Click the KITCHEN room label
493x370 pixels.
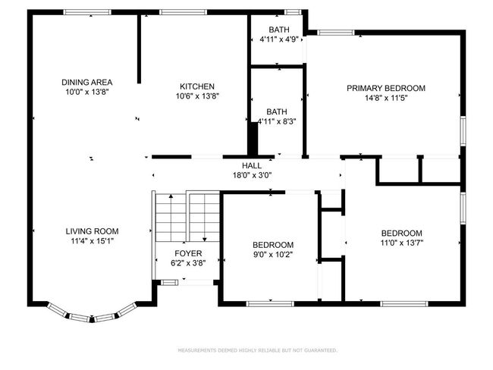[197, 86]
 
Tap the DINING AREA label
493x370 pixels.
[86, 83]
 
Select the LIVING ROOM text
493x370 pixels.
[92, 231]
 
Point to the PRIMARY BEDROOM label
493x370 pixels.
[386, 88]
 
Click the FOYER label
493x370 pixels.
[188, 253]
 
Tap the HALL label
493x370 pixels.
[252, 166]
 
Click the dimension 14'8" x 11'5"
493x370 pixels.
[386, 98]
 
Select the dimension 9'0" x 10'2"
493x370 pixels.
[273, 255]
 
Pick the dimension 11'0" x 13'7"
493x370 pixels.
[401, 243]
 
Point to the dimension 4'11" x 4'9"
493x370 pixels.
[279, 39]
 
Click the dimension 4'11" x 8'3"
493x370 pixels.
[277, 121]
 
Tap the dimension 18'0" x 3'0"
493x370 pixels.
[252, 175]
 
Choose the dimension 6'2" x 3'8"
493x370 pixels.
[188, 263]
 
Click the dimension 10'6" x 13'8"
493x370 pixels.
[197, 96]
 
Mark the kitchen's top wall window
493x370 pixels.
[184, 12]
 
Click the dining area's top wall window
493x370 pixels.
[87, 12]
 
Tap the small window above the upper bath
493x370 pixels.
[293, 12]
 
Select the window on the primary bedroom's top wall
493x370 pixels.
[336, 33]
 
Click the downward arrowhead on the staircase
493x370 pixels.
[205, 240]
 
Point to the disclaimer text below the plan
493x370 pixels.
[258, 350]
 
